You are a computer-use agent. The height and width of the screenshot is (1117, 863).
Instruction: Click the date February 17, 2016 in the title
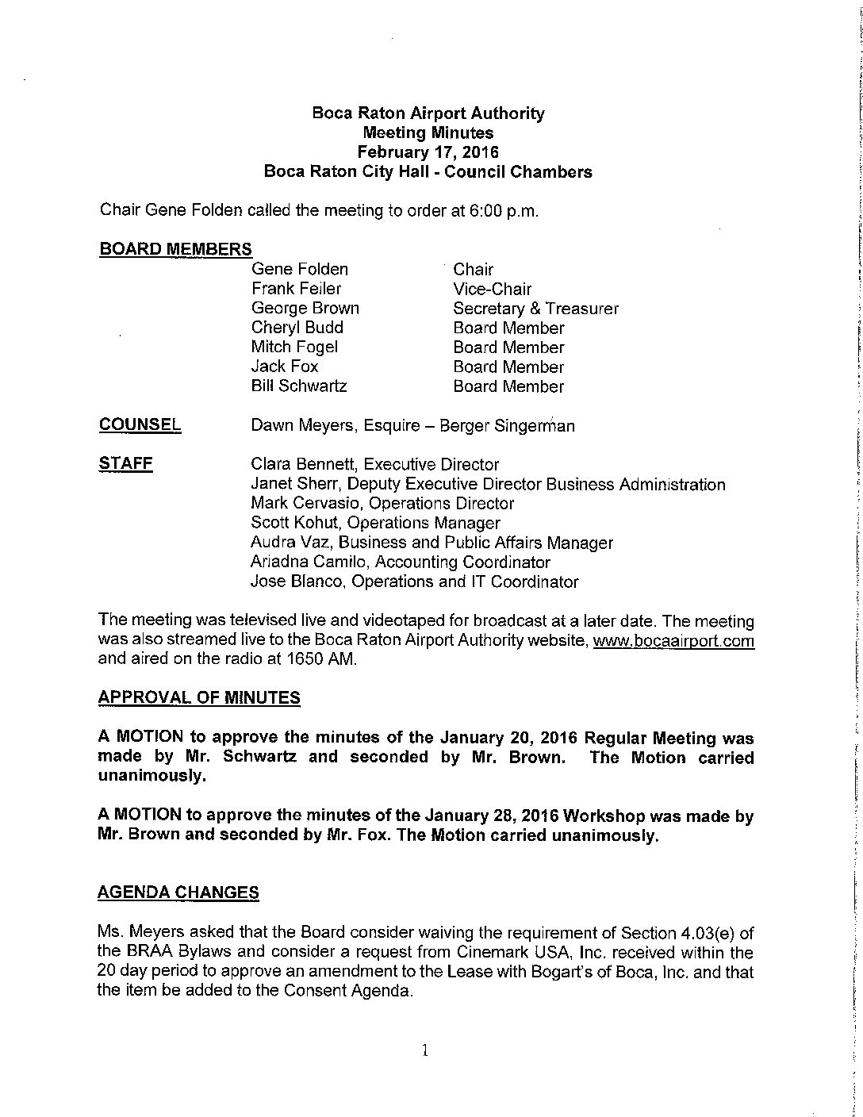click(428, 152)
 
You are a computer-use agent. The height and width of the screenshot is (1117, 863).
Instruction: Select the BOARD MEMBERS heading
click(175, 249)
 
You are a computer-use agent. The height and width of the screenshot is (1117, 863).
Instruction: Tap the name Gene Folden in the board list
click(299, 270)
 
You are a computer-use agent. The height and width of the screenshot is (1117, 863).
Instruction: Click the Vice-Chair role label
click(492, 289)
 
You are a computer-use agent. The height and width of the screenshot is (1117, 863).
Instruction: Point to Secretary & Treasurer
click(535, 309)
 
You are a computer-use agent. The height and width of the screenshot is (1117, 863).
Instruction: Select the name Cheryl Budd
click(297, 328)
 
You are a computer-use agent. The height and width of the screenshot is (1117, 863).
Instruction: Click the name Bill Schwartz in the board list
click(298, 386)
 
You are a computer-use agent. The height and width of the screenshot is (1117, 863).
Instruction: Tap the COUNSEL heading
click(140, 425)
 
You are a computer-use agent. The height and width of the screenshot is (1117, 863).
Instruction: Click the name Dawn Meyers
click(302, 425)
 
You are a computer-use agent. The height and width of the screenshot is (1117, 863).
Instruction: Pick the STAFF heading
click(125, 464)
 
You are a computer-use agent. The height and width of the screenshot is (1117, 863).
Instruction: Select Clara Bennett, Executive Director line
click(374, 464)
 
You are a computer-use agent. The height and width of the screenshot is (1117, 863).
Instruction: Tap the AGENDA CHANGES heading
click(178, 892)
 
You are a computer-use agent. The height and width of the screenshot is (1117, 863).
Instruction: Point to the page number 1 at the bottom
click(425, 1052)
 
